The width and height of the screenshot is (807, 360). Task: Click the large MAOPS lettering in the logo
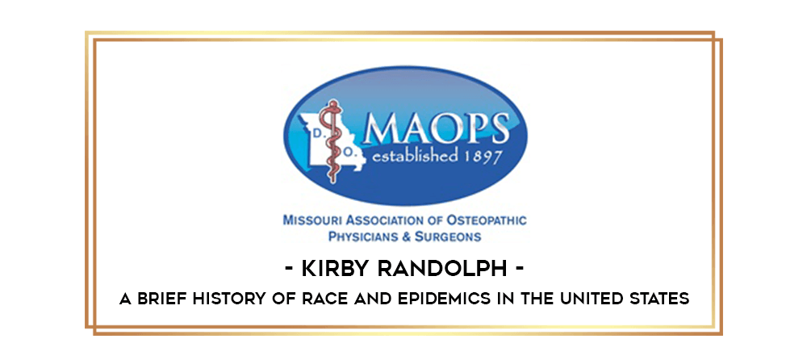pos(437,128)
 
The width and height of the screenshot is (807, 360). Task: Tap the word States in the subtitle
pos(663,298)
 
